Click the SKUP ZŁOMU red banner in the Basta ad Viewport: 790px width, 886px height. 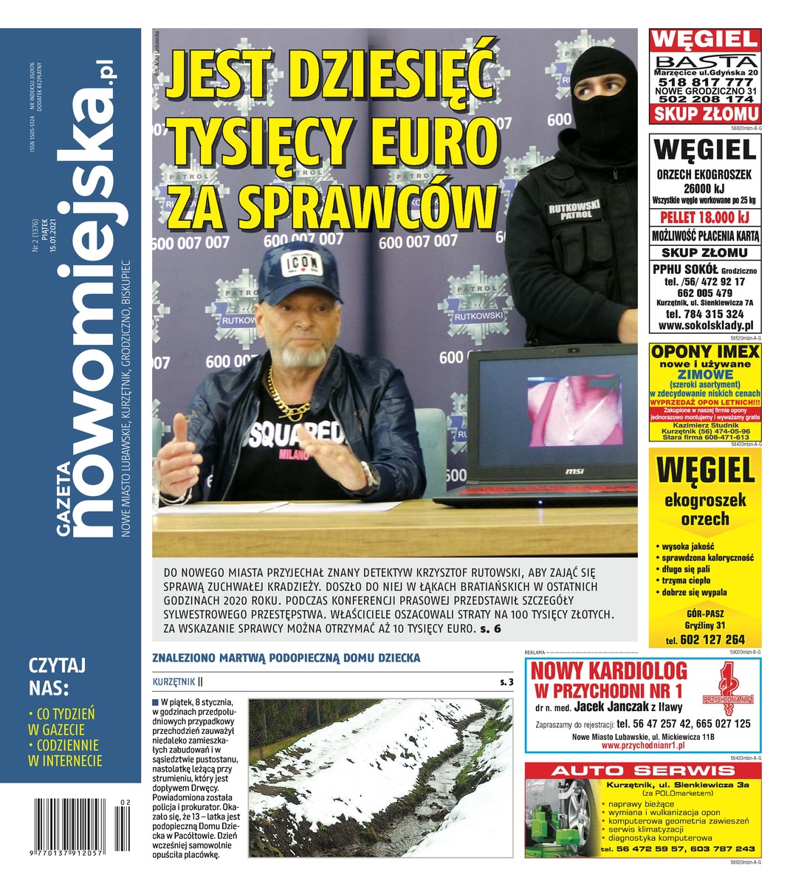[x=705, y=114]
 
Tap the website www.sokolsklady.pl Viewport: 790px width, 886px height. [x=705, y=325]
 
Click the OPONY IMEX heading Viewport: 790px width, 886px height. [x=705, y=351]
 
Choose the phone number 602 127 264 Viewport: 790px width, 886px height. [x=710, y=640]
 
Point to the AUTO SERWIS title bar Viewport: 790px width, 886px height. [x=641, y=771]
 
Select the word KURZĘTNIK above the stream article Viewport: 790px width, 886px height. [x=174, y=681]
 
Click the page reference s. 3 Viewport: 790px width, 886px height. [x=506, y=682]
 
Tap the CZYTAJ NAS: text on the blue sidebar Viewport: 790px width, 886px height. [x=57, y=676]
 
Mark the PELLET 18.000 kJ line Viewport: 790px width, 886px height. [x=705, y=217]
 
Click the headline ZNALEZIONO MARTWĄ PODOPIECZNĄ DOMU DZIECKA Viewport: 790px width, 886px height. [x=286, y=657]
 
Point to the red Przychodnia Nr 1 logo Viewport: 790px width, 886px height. [x=727, y=690]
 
